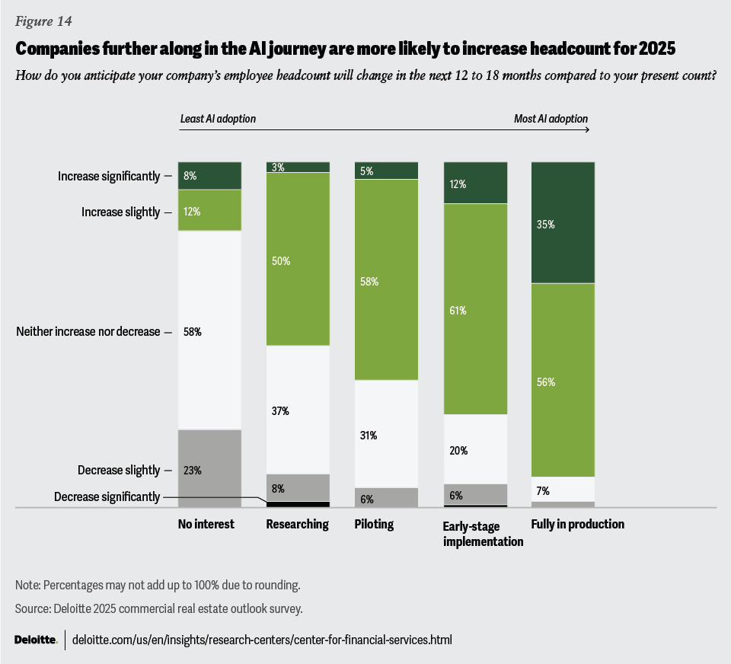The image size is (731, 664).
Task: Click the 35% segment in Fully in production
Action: [562, 222]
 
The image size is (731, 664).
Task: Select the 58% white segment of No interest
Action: [209, 330]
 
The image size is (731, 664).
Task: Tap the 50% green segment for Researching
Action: [297, 259]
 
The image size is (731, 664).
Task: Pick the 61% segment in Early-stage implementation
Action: [475, 309]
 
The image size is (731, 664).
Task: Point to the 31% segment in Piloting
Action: [386, 434]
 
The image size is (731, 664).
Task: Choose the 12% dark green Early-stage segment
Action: [475, 183]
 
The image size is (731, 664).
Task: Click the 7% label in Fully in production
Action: [543, 490]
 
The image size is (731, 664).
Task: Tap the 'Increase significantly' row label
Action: [109, 176]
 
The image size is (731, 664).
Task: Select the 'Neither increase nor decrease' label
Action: [88, 331]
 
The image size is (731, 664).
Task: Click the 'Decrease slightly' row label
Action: [119, 470]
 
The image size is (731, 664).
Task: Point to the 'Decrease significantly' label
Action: [107, 497]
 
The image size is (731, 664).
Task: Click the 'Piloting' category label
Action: [374, 525]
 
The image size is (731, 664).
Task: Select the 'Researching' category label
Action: [297, 525]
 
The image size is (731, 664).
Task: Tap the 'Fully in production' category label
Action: [577, 525]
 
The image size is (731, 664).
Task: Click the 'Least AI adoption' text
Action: [218, 119]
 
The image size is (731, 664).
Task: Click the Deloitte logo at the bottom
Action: [36, 640]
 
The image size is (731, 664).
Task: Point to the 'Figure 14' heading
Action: [43, 21]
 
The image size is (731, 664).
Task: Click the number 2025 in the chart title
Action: [655, 49]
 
